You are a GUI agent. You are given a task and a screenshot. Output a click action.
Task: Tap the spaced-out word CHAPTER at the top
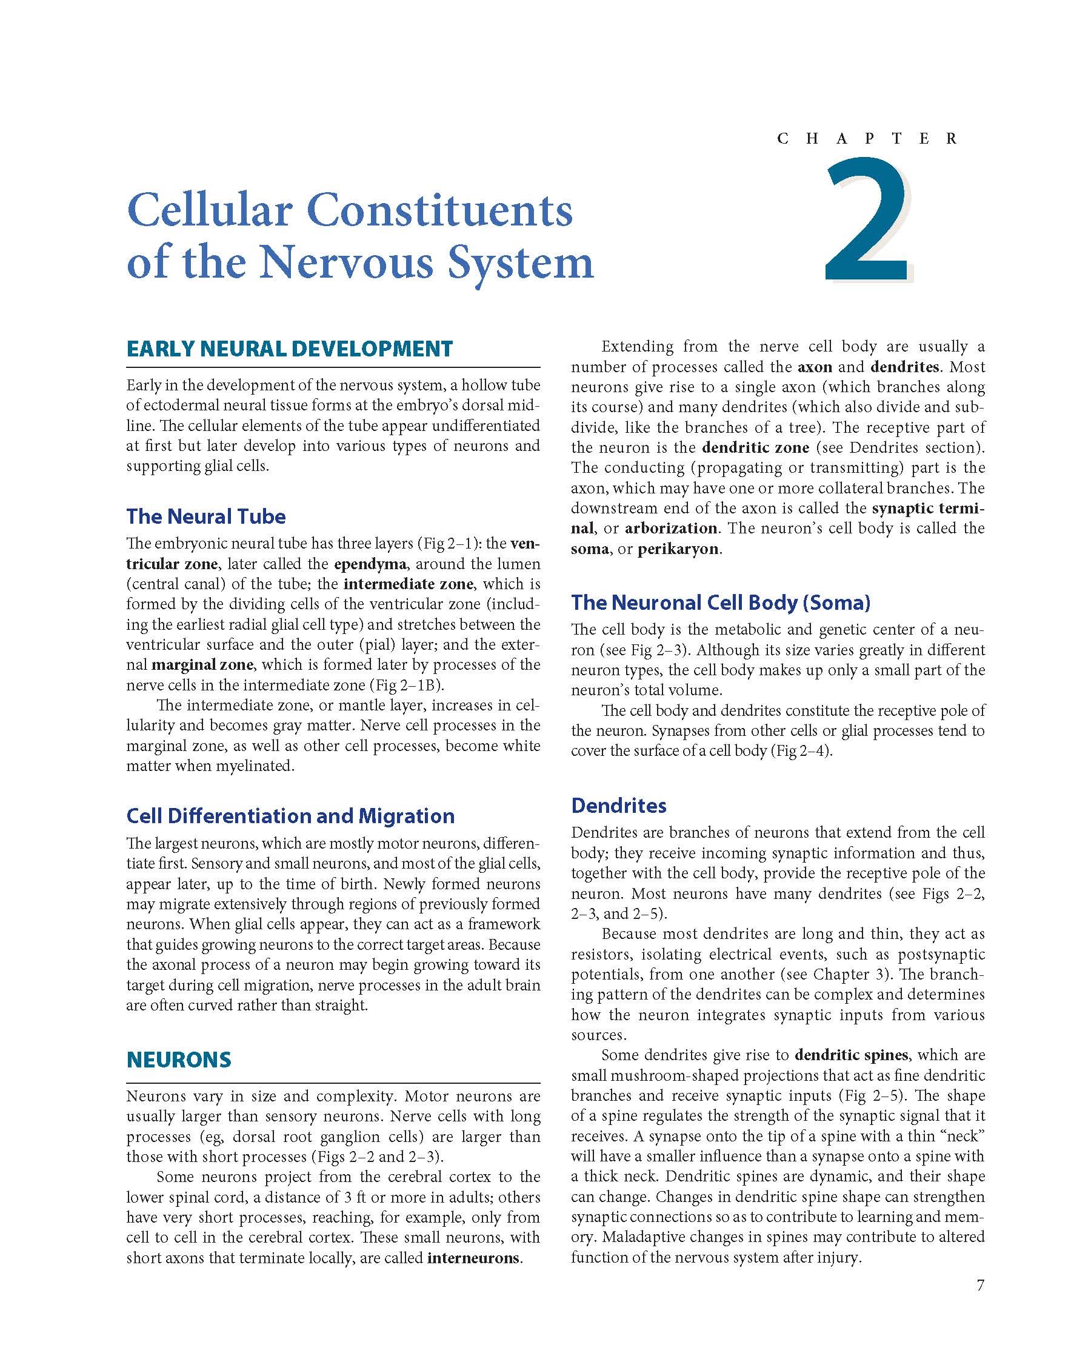(x=867, y=139)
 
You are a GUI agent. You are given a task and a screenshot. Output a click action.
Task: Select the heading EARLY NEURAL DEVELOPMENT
(x=289, y=349)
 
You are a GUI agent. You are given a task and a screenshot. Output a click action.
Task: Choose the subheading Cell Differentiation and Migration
(x=290, y=815)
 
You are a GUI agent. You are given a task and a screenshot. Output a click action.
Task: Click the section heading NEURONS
(x=179, y=1059)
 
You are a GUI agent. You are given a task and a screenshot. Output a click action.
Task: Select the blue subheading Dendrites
(x=618, y=805)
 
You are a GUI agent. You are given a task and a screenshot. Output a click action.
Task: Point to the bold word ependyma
(x=370, y=563)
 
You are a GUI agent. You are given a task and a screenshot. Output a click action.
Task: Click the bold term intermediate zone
(x=408, y=584)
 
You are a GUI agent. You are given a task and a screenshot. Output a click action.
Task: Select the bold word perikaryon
(x=678, y=549)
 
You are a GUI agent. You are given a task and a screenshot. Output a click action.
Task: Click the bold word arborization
(x=671, y=528)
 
